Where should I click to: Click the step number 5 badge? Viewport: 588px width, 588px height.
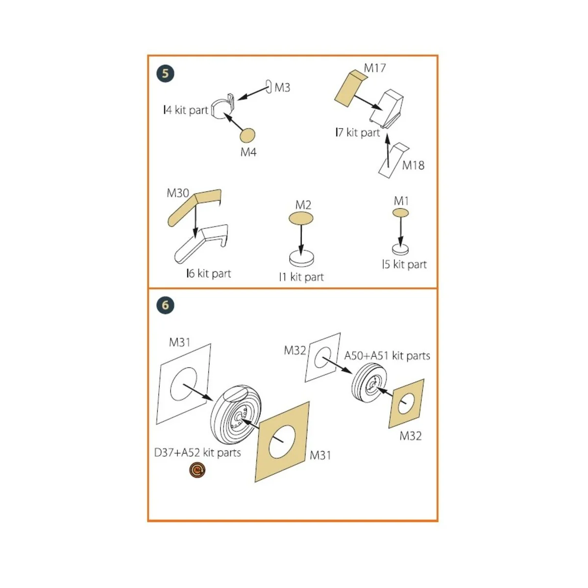coord(166,73)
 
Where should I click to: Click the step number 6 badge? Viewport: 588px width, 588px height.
coord(166,305)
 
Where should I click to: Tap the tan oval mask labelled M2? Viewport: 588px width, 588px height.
coord(301,218)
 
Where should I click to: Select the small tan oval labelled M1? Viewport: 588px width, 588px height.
coord(401,213)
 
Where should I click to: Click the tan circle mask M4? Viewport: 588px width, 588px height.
coord(247,135)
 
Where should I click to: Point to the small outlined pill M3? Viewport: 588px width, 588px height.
coord(269,87)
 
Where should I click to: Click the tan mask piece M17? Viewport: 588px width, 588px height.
coord(351,88)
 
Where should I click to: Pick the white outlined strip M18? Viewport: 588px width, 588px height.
coord(393,161)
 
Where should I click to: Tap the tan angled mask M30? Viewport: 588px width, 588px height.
coord(195,207)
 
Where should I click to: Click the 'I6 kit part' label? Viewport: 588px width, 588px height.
coord(209,273)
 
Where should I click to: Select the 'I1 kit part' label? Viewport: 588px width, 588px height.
coord(301,277)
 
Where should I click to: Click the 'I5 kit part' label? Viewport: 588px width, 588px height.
coord(404,264)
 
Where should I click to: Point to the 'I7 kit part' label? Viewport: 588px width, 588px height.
coord(358,132)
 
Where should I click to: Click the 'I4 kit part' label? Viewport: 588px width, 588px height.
coord(186,110)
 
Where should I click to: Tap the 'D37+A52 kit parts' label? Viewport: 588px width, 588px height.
coord(197,453)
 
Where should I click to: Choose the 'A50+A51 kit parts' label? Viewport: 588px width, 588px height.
coord(387,355)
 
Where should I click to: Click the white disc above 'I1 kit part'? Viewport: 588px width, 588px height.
coord(301,259)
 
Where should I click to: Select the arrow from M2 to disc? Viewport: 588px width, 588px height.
coord(301,240)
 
